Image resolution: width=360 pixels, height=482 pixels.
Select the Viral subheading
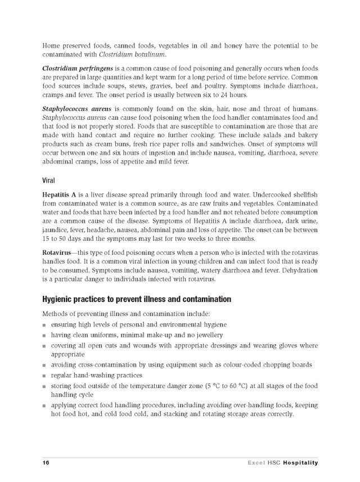(x=49, y=181)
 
